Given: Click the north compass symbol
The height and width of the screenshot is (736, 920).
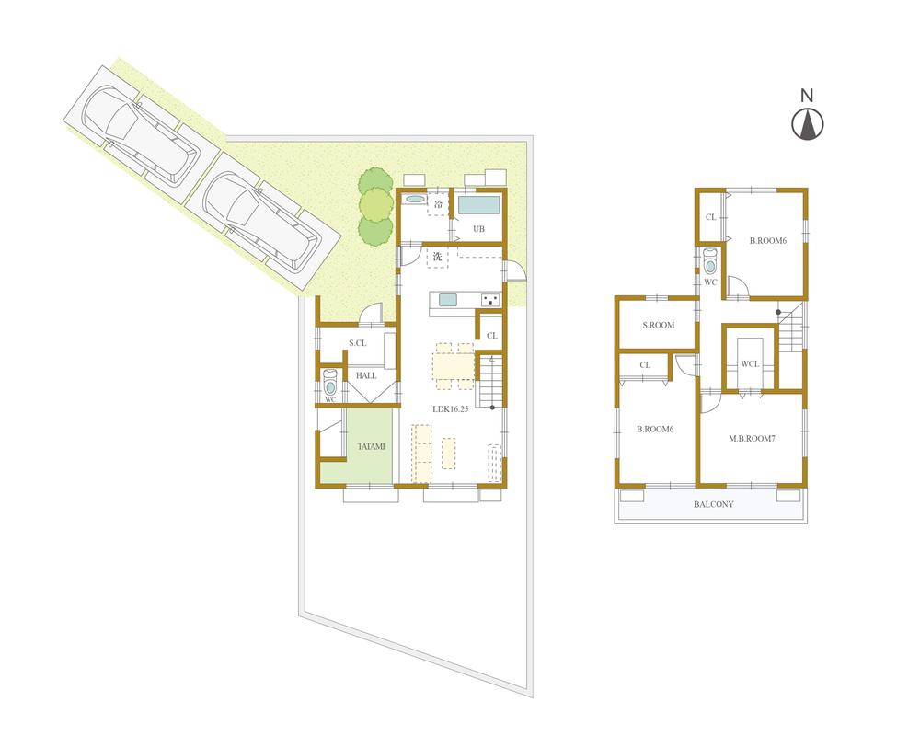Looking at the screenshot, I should (808, 124).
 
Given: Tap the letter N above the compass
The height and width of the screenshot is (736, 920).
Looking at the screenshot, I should (807, 95).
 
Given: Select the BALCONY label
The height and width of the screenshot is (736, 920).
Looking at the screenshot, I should (713, 504).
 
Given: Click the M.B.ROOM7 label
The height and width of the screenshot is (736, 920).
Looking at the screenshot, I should (752, 438).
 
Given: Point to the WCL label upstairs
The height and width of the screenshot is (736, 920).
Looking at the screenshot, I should (750, 364).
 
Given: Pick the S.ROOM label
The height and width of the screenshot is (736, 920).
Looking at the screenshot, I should (658, 325).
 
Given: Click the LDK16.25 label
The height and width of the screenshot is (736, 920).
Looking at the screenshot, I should (451, 409).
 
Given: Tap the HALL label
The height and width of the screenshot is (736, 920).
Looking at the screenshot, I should (366, 375).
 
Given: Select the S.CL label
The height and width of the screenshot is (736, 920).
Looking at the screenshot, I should (358, 344).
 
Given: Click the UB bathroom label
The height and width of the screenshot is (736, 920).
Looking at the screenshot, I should (478, 229).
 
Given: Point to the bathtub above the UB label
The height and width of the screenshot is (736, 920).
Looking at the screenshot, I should (478, 204).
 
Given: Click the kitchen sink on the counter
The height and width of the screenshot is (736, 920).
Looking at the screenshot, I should (448, 299).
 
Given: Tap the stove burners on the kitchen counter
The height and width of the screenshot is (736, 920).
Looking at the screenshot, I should (489, 299).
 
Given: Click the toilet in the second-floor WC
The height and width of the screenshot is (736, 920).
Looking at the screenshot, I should (709, 263).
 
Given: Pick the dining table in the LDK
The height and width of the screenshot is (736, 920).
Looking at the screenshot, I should (454, 365).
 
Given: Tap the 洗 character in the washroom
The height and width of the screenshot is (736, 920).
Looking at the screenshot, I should (438, 258).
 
